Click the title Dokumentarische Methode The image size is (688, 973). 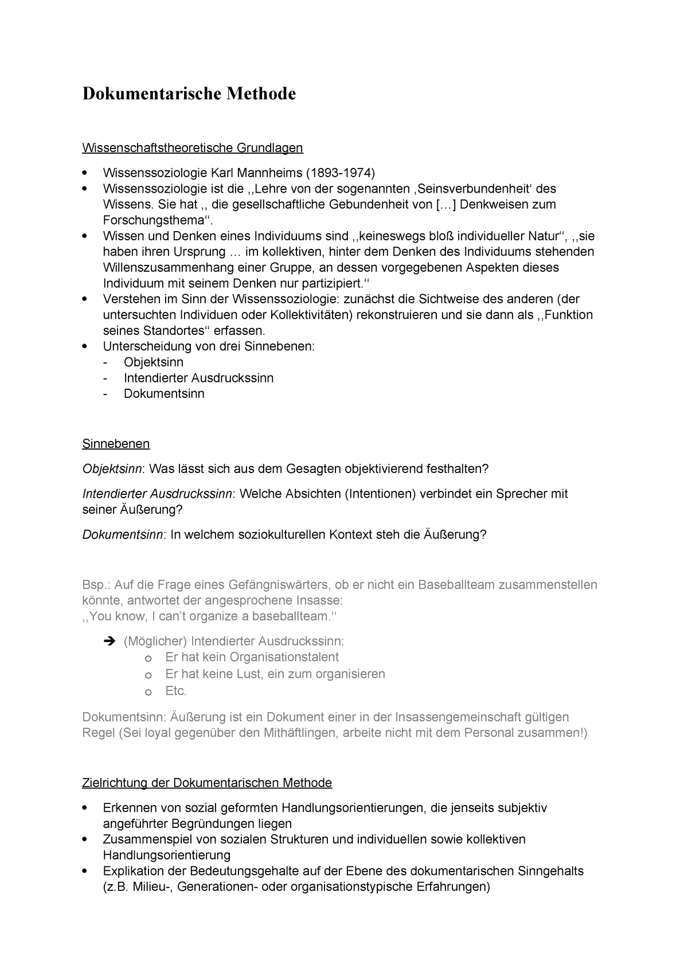[x=189, y=93]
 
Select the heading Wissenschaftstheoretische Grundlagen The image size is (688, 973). [x=192, y=148]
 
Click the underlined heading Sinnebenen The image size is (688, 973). [x=116, y=444]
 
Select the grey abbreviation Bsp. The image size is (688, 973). [x=96, y=585]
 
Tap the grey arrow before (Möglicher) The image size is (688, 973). [x=111, y=642]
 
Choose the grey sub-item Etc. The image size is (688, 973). [x=176, y=691]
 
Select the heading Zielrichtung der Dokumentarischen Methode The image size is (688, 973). [x=207, y=783]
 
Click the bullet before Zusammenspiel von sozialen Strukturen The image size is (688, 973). [x=85, y=840]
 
